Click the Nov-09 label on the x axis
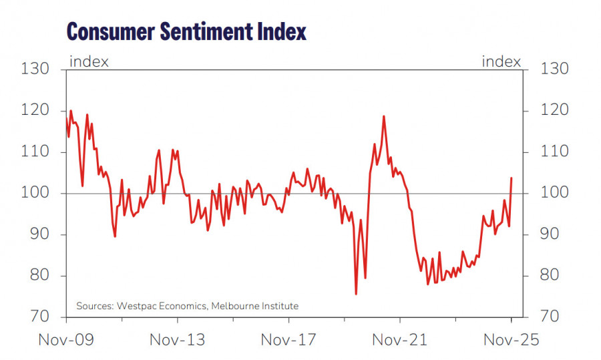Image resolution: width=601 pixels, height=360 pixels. coord(66,340)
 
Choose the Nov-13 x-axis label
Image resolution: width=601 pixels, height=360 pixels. coord(177,340)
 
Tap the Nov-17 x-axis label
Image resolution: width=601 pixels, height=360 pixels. coord(288,340)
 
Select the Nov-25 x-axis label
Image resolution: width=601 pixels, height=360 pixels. coord(511,340)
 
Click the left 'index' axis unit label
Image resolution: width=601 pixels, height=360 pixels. coord(89,62)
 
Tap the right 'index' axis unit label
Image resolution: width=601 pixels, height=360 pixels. coord(502,62)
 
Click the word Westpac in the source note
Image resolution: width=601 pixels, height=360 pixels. coord(139,306)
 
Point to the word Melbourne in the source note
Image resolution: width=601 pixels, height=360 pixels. coord(234,306)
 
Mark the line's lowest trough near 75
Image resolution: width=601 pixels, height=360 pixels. coord(356,293)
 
